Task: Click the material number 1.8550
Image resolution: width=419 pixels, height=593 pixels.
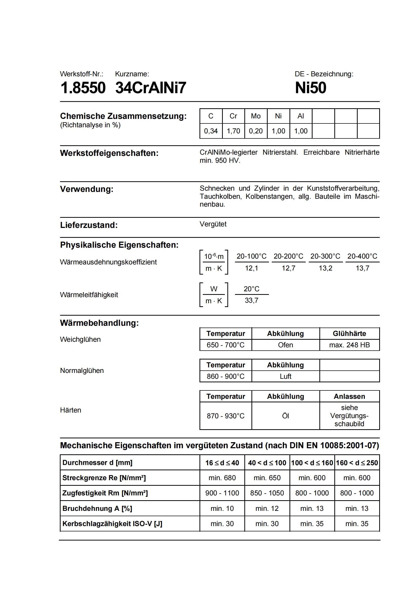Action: click(x=83, y=88)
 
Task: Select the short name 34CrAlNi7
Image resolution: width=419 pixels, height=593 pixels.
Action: click(x=151, y=88)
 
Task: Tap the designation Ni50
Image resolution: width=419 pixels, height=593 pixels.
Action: click(x=311, y=88)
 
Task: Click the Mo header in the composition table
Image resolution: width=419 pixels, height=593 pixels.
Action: click(x=256, y=116)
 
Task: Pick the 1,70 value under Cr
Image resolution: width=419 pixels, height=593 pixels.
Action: click(x=233, y=131)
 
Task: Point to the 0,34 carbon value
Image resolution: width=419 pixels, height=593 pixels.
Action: click(x=211, y=131)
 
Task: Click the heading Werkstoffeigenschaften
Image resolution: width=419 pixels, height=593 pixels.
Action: click(x=109, y=153)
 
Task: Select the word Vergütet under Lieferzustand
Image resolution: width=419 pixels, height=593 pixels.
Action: click(x=213, y=224)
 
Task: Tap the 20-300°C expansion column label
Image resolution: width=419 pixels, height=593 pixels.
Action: click(x=325, y=256)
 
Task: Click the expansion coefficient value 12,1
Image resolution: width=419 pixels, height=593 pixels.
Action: click(x=251, y=268)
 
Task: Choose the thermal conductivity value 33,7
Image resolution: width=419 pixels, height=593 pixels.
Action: click(x=251, y=300)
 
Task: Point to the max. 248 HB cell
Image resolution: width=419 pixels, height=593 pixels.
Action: click(x=349, y=345)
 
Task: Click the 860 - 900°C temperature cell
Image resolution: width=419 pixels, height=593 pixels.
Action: click(x=225, y=376)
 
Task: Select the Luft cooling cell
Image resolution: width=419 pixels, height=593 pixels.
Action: click(x=285, y=376)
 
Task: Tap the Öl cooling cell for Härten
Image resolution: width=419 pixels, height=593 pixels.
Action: click(x=285, y=416)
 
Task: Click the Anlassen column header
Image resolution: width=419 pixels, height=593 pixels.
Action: click(x=349, y=397)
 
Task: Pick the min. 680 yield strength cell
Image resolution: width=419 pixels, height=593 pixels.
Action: click(x=222, y=478)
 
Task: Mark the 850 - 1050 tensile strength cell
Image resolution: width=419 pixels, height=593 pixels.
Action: click(x=267, y=493)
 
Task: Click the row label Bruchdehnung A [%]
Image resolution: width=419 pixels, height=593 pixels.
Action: click(x=97, y=509)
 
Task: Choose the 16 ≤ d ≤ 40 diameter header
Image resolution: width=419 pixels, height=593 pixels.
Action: click(x=222, y=463)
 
